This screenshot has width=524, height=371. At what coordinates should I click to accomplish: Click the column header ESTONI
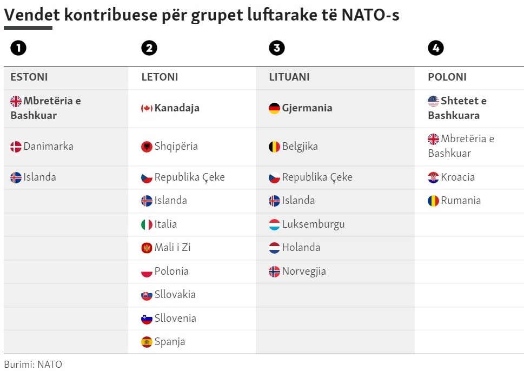pos(29,77)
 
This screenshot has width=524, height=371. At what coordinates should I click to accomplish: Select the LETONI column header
pos(160,77)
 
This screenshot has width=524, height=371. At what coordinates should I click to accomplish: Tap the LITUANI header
pos(289,77)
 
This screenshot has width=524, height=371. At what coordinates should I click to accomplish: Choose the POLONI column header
pos(447,77)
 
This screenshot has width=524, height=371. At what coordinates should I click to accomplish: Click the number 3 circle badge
pos(276,48)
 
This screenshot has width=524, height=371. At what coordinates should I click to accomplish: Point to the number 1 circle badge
pos(18,48)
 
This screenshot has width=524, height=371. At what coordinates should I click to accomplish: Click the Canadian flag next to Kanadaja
pos(147,108)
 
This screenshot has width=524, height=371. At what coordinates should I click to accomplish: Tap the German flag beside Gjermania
pos(274,108)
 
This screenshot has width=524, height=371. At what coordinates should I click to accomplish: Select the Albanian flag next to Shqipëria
pos(147,147)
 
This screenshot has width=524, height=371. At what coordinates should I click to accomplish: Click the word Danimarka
pos(48,146)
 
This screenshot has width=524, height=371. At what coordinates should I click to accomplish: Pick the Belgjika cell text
pos(300,146)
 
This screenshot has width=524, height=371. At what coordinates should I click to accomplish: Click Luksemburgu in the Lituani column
pos(313,224)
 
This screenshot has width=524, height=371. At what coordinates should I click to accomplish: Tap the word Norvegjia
pos(304,271)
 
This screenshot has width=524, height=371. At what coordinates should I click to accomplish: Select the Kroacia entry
pos(457,177)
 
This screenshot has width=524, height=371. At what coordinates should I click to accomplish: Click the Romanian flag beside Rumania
pos(433,201)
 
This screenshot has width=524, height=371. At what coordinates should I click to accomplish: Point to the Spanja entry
pos(170,341)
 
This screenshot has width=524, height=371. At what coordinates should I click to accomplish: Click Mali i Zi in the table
pos(172,247)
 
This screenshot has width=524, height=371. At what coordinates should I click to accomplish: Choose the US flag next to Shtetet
pos(433,101)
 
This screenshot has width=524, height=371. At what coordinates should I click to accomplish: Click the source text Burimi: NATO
pos(33,364)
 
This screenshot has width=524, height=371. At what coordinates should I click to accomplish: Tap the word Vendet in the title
pos(30,15)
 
